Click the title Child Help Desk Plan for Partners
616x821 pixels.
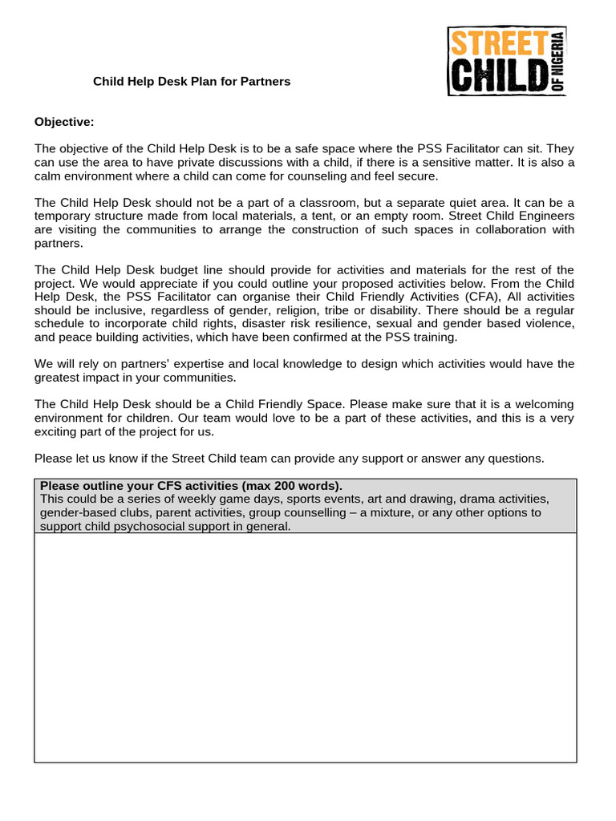point(192,82)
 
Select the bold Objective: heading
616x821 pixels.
point(64,122)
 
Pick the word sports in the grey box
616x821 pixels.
point(310,499)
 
